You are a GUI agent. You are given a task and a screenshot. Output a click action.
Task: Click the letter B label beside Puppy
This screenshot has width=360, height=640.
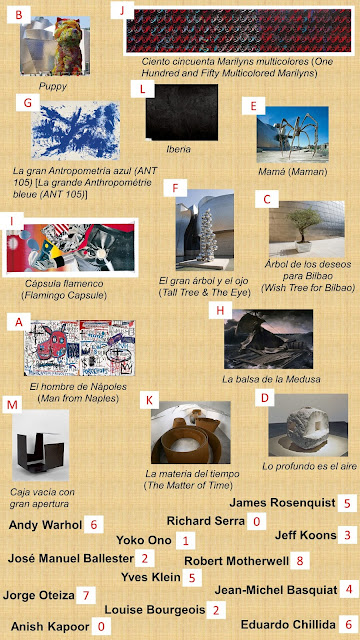18,16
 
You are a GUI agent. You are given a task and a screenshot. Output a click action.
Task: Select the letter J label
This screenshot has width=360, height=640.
122,11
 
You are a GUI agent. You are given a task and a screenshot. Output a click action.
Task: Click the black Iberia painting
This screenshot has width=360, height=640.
182,112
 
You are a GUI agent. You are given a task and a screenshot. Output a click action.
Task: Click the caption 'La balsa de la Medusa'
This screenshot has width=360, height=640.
271,379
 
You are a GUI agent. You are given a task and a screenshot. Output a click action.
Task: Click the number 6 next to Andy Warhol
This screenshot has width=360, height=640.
93,524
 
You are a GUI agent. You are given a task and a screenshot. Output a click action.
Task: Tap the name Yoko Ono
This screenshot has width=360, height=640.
144,540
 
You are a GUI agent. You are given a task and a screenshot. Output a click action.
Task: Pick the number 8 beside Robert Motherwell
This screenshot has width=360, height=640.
300,561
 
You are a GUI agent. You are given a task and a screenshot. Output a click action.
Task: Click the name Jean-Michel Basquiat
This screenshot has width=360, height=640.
276,590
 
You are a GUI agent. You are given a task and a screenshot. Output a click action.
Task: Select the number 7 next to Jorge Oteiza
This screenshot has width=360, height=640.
86,595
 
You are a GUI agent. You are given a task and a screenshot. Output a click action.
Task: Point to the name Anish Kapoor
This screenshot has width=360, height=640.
50,626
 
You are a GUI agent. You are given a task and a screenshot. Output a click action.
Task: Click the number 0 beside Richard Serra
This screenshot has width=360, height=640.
256,521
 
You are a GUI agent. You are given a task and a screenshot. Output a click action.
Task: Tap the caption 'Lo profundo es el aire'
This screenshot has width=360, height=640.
309,466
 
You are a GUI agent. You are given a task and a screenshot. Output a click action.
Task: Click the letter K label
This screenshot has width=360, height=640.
149,400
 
